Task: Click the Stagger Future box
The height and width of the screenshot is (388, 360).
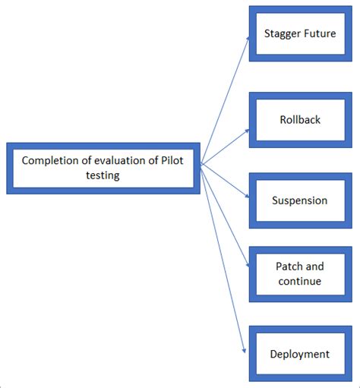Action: (299, 34)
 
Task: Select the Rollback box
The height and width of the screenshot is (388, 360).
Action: (299, 118)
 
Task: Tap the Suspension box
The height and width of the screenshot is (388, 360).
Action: (299, 200)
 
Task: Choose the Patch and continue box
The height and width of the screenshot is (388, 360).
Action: (299, 273)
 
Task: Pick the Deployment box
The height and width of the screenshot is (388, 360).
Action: (299, 354)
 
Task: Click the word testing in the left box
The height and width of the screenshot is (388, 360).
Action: (103, 175)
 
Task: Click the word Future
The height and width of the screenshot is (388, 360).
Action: (319, 34)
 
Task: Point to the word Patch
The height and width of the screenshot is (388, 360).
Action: (289, 267)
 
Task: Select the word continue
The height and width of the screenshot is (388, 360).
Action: (299, 281)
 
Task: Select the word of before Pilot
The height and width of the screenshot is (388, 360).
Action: (153, 160)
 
